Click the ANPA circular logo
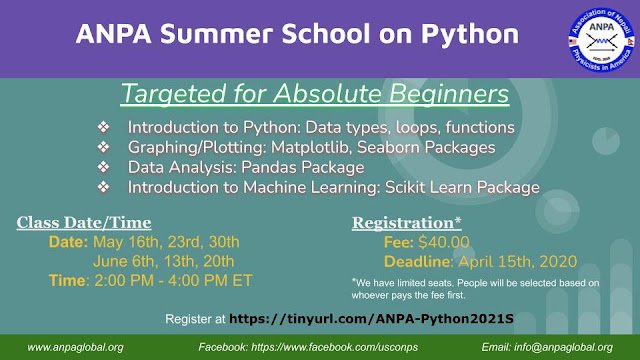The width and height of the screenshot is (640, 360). click(x=602, y=40)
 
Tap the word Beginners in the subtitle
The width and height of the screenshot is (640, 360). click(x=449, y=94)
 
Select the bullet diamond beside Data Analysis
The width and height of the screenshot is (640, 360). click(x=103, y=167)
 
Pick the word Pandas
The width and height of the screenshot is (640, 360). click(x=269, y=167)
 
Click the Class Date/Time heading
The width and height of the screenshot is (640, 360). click(x=84, y=223)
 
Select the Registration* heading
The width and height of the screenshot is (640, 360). click(x=407, y=223)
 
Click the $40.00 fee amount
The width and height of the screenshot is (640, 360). click(x=444, y=242)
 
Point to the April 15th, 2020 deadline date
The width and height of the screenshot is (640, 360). click(x=518, y=262)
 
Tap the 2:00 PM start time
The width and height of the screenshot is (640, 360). click(x=124, y=281)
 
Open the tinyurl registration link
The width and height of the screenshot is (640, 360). click(x=371, y=319)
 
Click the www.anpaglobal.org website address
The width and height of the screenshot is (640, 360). click(x=76, y=348)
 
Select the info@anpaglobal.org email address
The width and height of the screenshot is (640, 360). click(x=563, y=348)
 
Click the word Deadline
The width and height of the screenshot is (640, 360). click(x=417, y=262)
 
